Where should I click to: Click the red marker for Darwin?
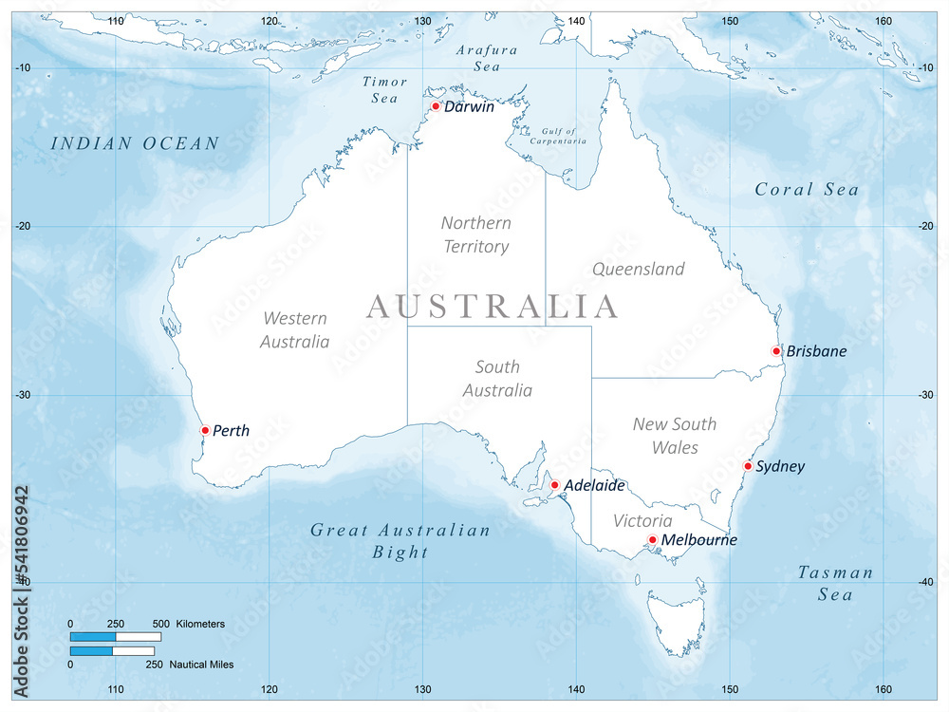point(436,106)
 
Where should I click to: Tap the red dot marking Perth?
point(205,430)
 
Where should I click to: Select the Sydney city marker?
point(748,466)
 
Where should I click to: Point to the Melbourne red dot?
point(652,540)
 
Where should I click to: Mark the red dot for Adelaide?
point(555,485)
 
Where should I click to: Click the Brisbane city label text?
point(816,351)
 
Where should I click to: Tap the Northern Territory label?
point(475,234)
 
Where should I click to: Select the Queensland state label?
point(638,269)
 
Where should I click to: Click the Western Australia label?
point(294,329)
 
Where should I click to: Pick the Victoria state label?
point(642,520)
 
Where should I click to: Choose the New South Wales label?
point(675,435)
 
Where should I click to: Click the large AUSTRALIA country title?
point(493,307)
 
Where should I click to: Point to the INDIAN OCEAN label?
point(135,143)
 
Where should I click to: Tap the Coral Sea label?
point(807,190)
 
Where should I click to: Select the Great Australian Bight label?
point(400,541)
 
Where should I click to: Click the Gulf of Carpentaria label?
point(564,136)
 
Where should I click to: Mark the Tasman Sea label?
point(835,583)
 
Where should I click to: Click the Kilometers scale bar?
point(116,636)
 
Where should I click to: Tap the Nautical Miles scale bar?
point(112,651)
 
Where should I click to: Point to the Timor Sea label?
point(385,90)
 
